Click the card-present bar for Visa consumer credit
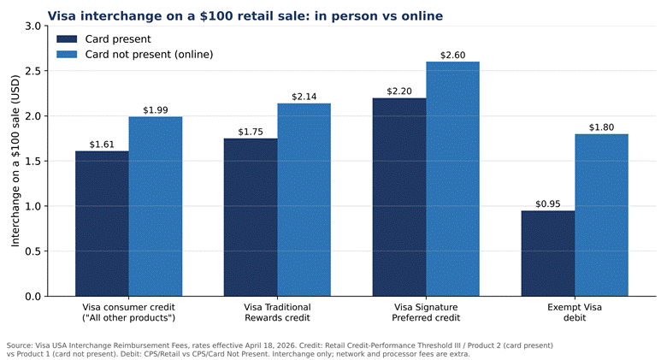click(x=102, y=223)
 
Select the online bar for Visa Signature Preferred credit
click(x=452, y=179)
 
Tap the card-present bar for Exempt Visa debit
click(x=548, y=253)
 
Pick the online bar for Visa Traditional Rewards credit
click(x=304, y=199)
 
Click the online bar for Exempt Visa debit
click(x=601, y=215)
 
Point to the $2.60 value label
click(x=452, y=56)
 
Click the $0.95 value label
click(x=548, y=204)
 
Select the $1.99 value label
click(x=156, y=110)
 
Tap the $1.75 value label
click(x=251, y=132)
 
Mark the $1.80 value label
click(x=601, y=127)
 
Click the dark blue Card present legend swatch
click(x=67, y=39)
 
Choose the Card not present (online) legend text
click(x=149, y=55)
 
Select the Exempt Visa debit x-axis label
click(x=575, y=312)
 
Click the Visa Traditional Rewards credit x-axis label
click(x=277, y=312)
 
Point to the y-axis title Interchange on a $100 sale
click(x=15, y=161)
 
